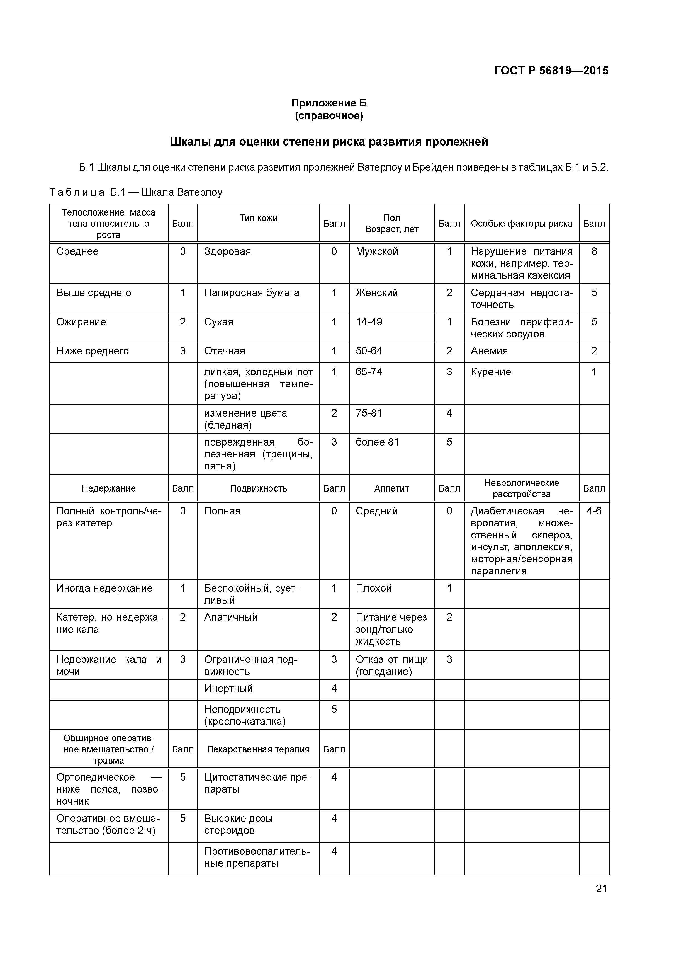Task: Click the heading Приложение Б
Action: click(x=329, y=103)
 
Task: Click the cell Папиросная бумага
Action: click(x=251, y=293)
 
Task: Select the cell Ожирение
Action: click(x=81, y=322)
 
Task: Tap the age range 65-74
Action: click(x=369, y=372)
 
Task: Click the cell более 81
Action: click(x=377, y=442)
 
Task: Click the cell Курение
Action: click(x=490, y=372)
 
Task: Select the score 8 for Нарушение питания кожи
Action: click(x=594, y=251)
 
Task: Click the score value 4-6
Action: click(x=594, y=511)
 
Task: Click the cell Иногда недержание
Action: click(x=104, y=588)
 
